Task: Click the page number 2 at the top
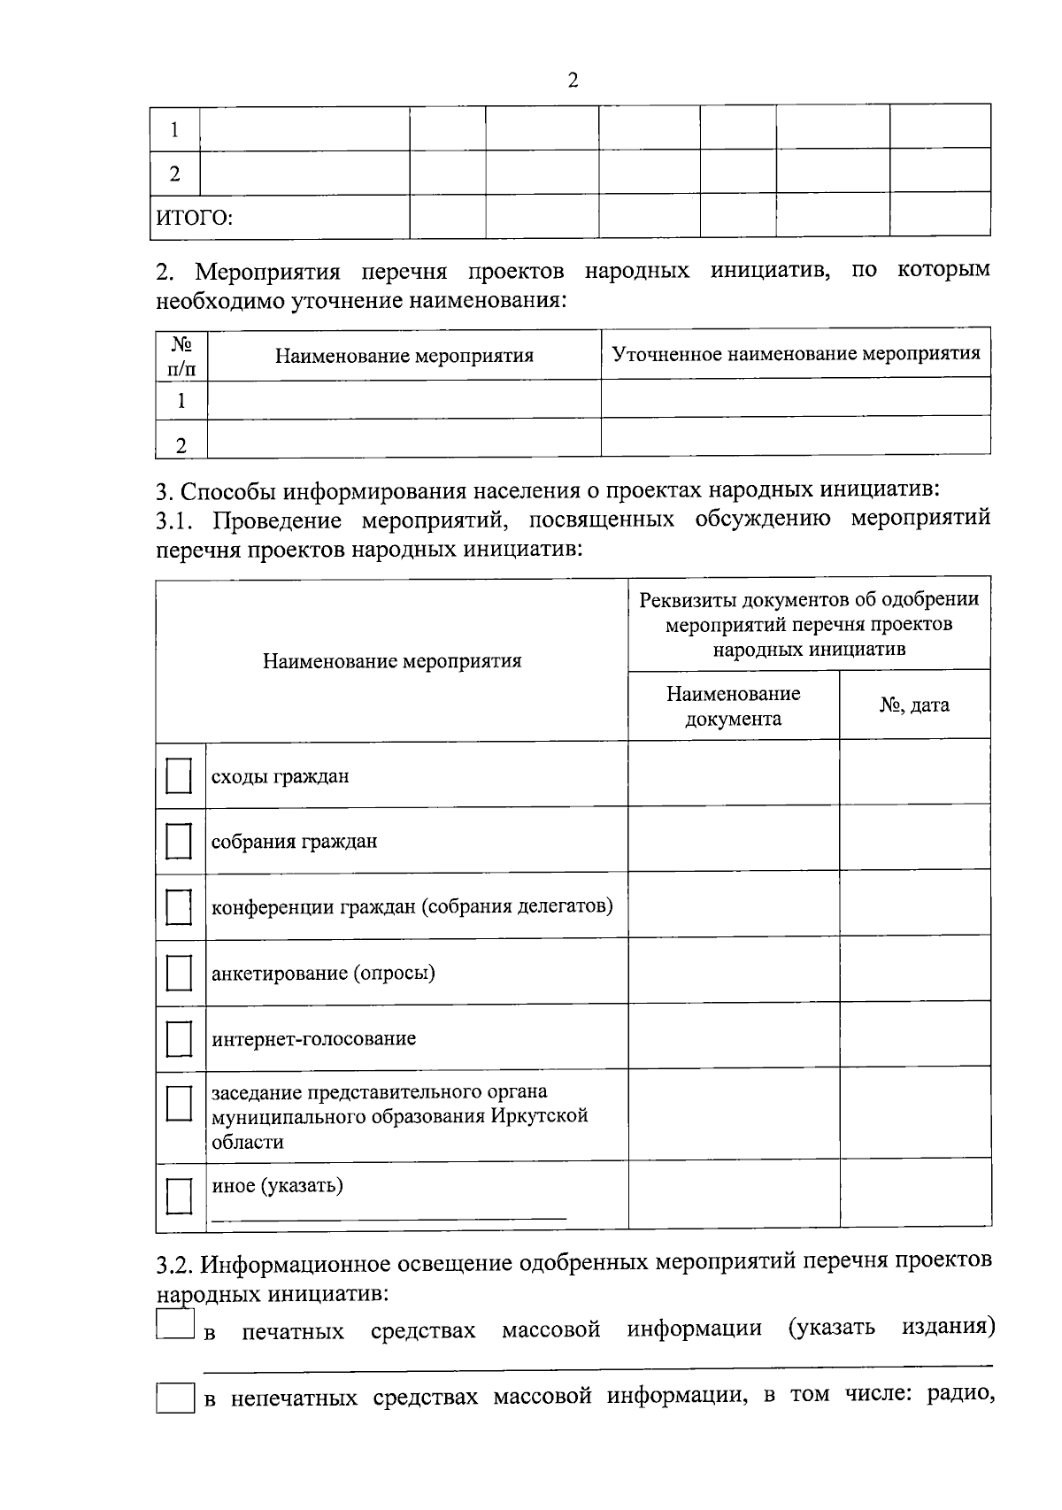coord(572,81)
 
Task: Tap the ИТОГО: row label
coord(195,218)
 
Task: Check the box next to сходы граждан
coord(179,776)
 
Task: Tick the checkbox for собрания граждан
coord(179,841)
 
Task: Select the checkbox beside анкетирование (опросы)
coord(179,973)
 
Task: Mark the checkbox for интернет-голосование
coord(179,1038)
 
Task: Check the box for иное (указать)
coord(179,1195)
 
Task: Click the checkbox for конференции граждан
coord(179,906)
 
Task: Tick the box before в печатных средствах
coord(174,1325)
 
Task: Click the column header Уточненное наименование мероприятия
coord(796,354)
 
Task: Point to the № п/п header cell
coord(181,356)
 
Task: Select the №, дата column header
coord(914,705)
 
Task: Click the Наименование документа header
coord(733,705)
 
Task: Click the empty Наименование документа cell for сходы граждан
coord(733,774)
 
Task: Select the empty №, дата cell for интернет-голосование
coord(914,1035)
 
